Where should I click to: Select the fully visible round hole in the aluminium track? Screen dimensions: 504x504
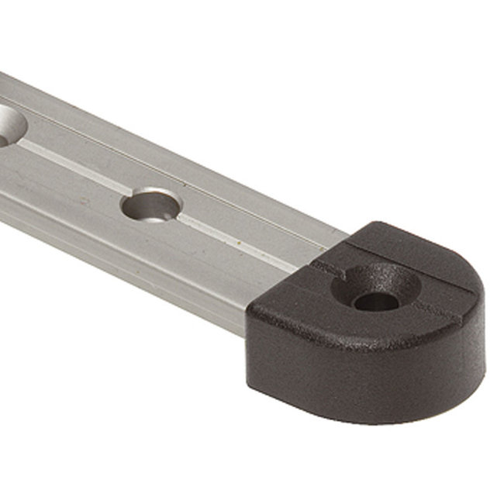click(151, 205)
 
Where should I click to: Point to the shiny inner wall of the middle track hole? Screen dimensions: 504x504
click(147, 199)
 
